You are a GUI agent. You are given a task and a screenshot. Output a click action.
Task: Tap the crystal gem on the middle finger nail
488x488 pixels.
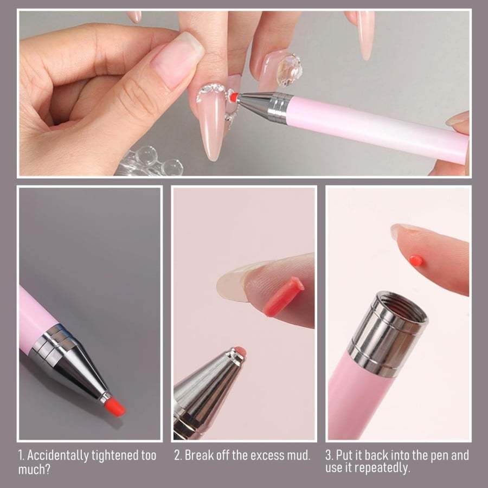pos(289,70)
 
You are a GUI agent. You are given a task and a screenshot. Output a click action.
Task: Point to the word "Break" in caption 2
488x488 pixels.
pos(198,455)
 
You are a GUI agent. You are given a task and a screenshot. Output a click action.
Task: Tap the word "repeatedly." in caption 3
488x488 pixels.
pos(390,467)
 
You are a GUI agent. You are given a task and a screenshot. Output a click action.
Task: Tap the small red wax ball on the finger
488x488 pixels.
pos(416,260)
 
